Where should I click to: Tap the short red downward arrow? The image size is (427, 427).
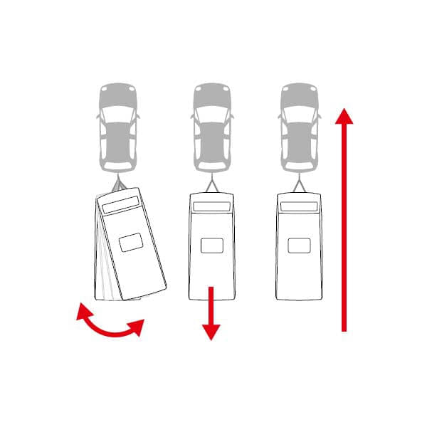click(211, 313)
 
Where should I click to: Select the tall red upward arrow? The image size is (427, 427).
click(344, 221)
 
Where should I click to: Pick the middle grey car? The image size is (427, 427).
click(211, 128)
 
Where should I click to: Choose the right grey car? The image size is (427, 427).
click(299, 128)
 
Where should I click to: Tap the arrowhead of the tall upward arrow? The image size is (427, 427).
click(344, 117)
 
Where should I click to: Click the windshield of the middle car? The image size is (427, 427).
click(211, 115)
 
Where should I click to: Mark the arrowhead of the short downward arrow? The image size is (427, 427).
click(211, 331)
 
